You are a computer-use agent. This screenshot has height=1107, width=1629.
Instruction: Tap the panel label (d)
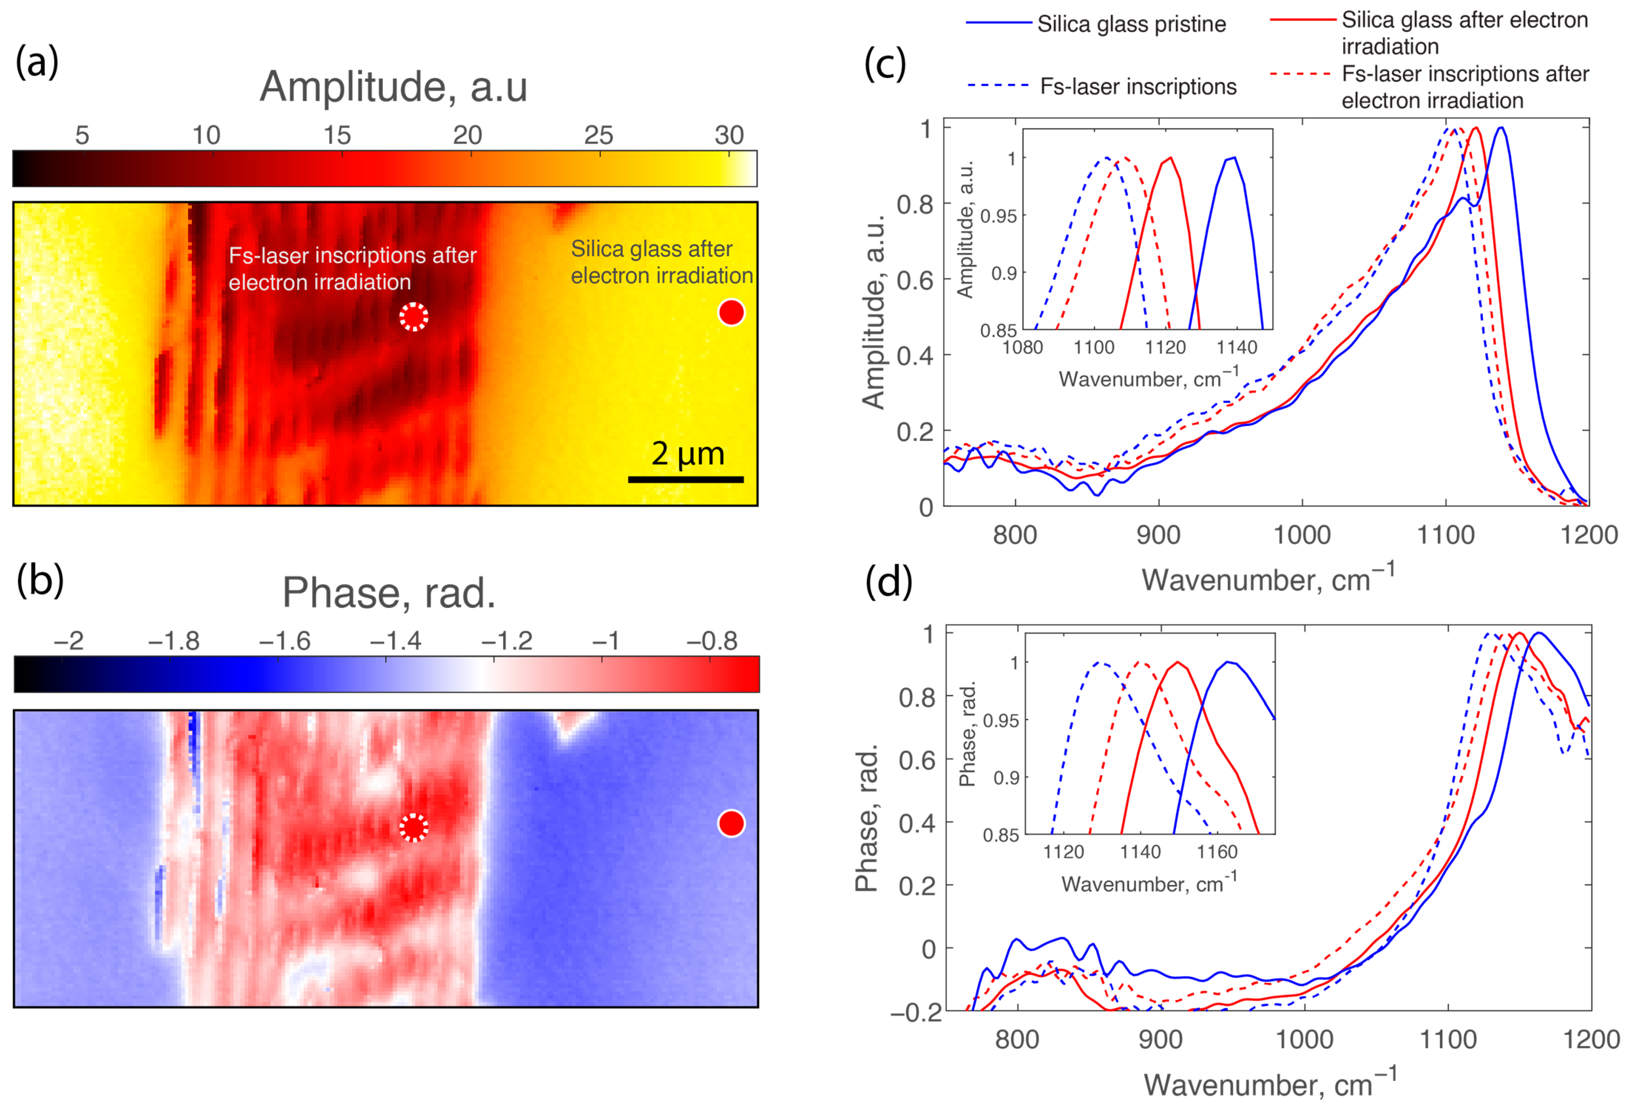(888, 582)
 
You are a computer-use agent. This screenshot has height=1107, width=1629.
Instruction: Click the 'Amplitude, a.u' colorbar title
(393, 87)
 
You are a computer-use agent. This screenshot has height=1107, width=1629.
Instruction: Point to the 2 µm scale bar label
(687, 453)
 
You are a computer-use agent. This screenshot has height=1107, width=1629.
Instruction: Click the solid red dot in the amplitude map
(731, 313)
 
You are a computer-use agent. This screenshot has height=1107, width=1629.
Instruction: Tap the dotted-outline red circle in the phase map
(414, 827)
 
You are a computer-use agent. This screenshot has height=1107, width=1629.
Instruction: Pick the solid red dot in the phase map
(731, 823)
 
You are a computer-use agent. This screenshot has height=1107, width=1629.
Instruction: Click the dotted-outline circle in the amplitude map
(414, 317)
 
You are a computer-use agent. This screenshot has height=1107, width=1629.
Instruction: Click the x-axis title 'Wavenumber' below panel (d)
(1269, 1084)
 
